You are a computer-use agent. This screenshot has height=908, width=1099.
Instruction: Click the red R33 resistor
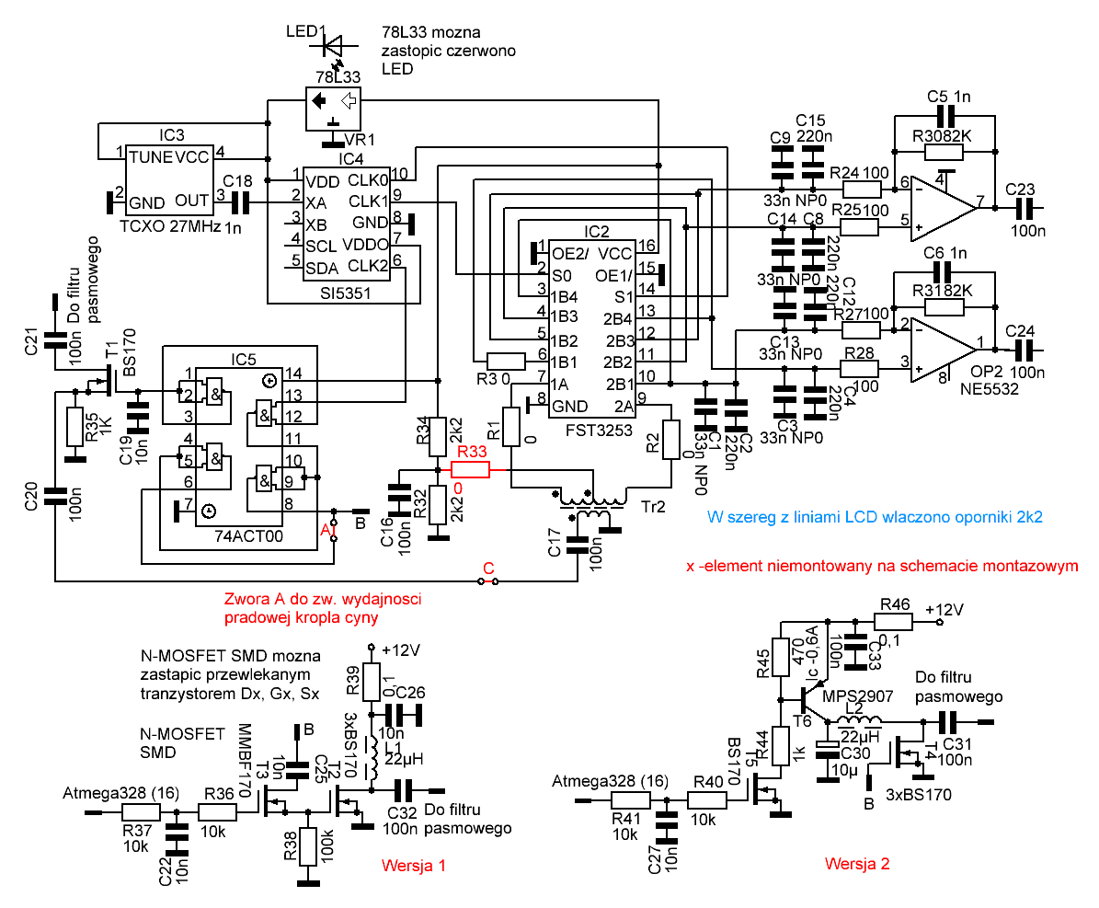[471, 470]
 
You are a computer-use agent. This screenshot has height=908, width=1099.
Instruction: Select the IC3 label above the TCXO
[171, 135]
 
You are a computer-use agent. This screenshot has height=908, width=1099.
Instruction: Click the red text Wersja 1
[413, 866]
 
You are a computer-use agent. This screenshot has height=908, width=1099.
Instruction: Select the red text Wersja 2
[857, 864]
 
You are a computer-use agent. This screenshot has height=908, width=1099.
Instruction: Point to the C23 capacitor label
[1022, 188]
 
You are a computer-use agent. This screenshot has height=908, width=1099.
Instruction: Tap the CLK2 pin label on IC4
[369, 266]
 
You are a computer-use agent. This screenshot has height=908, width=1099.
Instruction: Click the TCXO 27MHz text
[171, 224]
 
